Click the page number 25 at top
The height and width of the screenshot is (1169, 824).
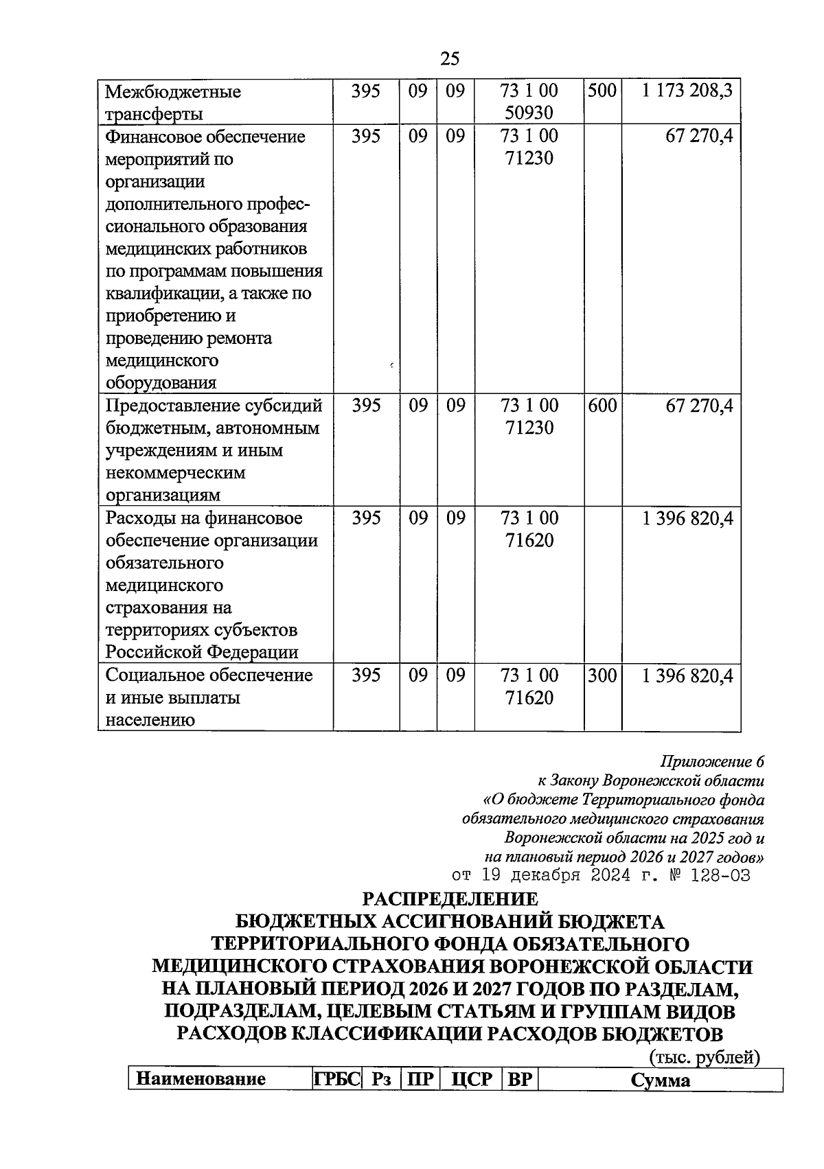[x=449, y=59]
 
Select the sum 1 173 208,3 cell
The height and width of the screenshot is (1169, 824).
[x=687, y=91]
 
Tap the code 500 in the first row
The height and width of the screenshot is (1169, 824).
[x=602, y=91]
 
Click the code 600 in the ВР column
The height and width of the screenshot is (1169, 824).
[x=602, y=406]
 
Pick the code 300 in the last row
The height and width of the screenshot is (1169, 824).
[x=602, y=675]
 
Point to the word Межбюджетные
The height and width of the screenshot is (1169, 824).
[x=173, y=91]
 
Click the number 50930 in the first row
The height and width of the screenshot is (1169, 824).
[x=529, y=113]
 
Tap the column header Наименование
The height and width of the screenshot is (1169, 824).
[x=201, y=1080]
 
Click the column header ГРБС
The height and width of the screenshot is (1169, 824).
[x=337, y=1080]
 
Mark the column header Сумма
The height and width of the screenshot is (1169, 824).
[x=661, y=1080]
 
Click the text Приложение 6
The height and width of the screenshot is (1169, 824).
[x=711, y=761]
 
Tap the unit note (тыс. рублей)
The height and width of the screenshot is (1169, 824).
[x=704, y=1058]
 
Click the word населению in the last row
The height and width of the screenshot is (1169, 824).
[x=150, y=720]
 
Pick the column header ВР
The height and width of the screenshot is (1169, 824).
[x=520, y=1080]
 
